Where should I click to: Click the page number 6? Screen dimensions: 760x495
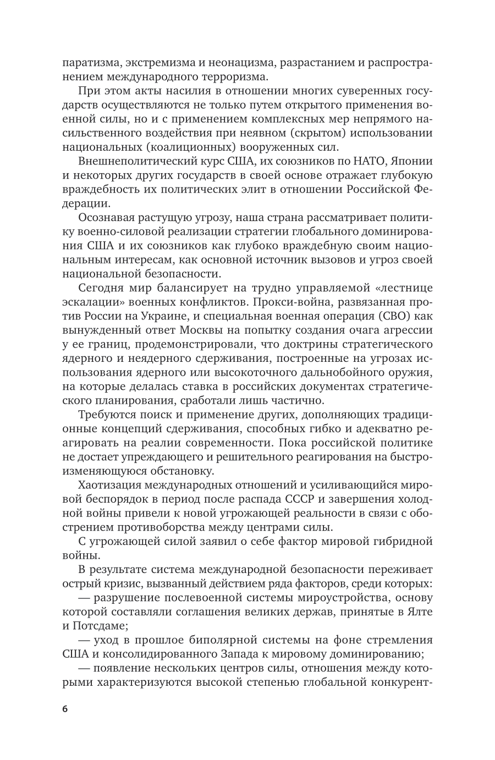[65, 709]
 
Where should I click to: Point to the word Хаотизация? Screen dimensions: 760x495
[109, 485]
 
